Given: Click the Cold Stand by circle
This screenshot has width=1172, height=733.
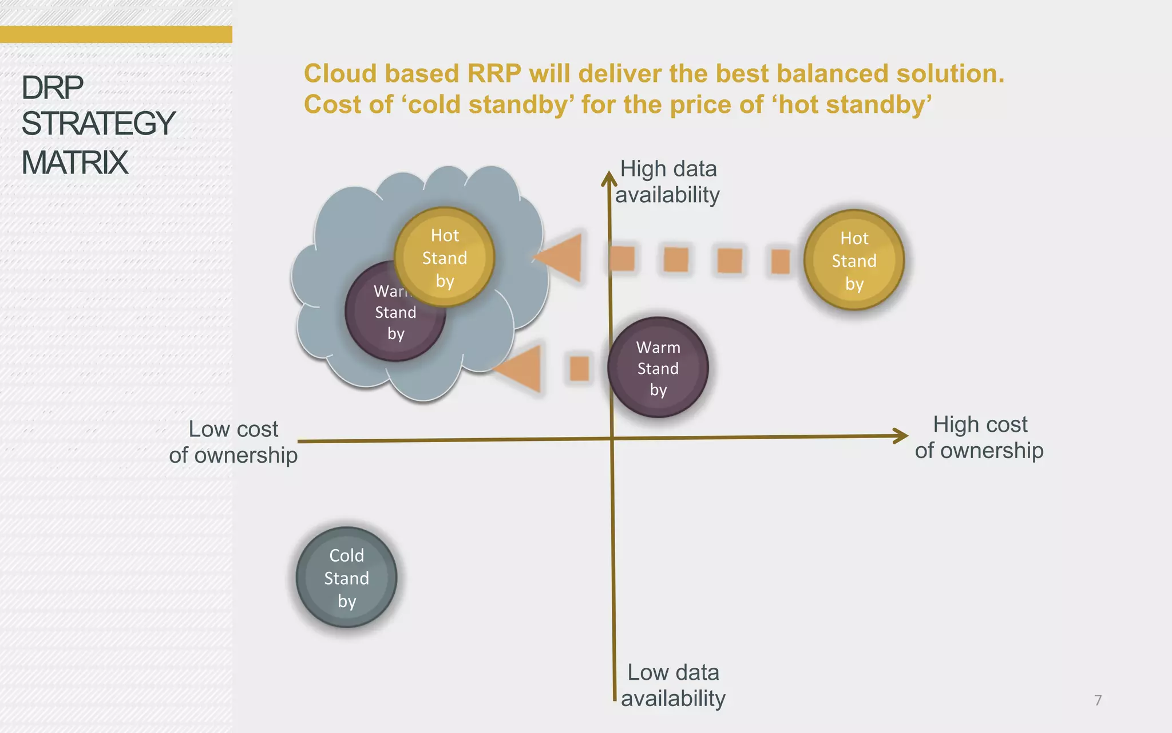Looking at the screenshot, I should click(x=346, y=577).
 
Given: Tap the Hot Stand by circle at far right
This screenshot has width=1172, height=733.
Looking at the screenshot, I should click(x=854, y=261).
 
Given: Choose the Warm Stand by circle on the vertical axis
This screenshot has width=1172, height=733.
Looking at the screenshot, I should click(x=658, y=368).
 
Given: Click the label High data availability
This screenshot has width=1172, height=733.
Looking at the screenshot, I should click(x=668, y=182).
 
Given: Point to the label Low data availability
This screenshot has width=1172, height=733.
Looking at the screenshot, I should click(x=673, y=685).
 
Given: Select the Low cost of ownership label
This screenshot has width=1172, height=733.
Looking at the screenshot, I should click(x=233, y=442).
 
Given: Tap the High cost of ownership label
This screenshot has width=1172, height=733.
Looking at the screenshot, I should click(x=979, y=438).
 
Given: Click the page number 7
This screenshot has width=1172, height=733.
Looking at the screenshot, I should click(x=1098, y=700).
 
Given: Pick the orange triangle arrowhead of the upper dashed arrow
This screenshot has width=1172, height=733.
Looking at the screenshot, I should click(x=561, y=257).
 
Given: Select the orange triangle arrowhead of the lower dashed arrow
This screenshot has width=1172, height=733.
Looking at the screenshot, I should click(x=521, y=368).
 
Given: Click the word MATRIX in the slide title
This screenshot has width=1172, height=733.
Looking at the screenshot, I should click(x=74, y=163).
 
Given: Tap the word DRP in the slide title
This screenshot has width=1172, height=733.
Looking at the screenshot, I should click(x=52, y=88).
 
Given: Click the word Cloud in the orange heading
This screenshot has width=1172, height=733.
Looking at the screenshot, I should click(x=341, y=74).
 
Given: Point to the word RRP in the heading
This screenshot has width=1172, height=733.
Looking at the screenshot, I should click(x=494, y=74).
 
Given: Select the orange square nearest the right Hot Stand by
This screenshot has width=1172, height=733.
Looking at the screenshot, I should click(x=780, y=261).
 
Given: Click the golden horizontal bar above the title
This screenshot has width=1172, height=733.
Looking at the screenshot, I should click(x=116, y=34).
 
